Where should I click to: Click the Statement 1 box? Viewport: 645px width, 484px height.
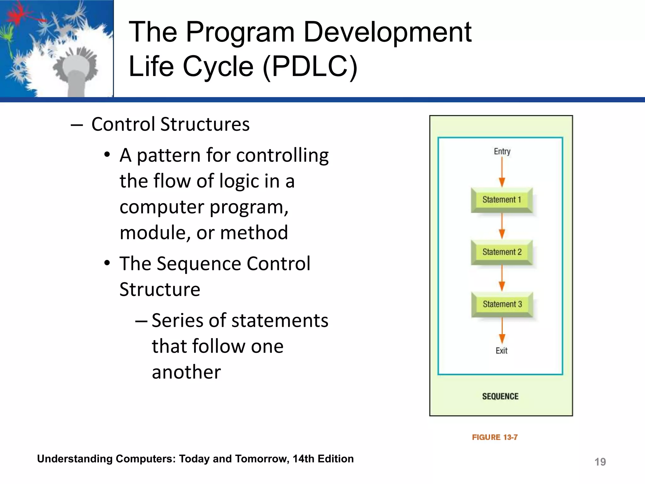502,200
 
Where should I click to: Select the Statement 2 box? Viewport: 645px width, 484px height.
502,252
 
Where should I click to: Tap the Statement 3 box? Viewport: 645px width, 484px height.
502,304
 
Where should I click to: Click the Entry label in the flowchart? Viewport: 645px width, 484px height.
502,152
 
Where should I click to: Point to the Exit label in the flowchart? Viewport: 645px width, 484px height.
501,351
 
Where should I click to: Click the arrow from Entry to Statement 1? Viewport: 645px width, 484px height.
502,172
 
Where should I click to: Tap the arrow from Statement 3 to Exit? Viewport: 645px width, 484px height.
502,330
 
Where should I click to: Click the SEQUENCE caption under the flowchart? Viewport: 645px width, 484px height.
500,396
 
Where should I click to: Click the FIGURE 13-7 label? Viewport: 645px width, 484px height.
494,437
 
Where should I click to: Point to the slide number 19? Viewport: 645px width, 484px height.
600,462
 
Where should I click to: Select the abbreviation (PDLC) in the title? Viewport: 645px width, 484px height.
310,66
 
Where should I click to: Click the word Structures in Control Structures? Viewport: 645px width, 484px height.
205,124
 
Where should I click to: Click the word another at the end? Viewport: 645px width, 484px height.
186,372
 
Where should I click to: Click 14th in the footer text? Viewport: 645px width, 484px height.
303,459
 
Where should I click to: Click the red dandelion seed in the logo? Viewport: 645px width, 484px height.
17,14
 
